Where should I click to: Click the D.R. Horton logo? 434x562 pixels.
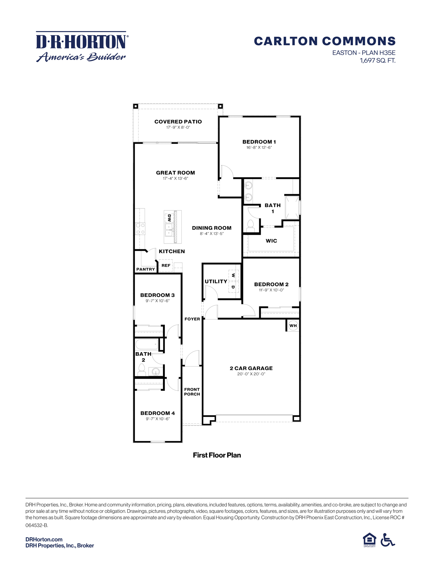pos(82,47)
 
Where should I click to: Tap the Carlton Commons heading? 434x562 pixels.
pos(325,41)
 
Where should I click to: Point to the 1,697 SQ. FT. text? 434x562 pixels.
pos(377,61)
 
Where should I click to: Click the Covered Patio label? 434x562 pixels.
pos(178,122)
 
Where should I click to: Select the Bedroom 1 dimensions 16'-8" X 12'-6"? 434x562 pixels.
pos(259,147)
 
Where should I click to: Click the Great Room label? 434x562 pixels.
pos(176,172)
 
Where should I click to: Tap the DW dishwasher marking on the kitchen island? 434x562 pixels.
pos(169,218)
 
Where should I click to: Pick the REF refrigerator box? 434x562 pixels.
pos(166,266)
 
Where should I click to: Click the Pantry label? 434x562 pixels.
pos(146,269)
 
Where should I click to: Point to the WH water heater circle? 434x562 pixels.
pos(293,325)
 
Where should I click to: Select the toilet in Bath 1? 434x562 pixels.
pos(251,226)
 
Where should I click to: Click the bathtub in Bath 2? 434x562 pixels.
pos(147,344)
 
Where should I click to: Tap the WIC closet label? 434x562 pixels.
pos(271,241)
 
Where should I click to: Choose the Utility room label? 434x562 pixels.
pos(216,281)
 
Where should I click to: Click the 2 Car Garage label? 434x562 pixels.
pos(251,368)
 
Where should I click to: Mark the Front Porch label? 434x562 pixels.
pos(192,392)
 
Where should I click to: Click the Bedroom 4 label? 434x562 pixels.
pos(158,413)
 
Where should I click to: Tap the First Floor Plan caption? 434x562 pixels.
pos(217,455)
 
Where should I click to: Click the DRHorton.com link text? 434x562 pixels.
pos(44,539)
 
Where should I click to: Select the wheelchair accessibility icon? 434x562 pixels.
pos(387,540)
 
